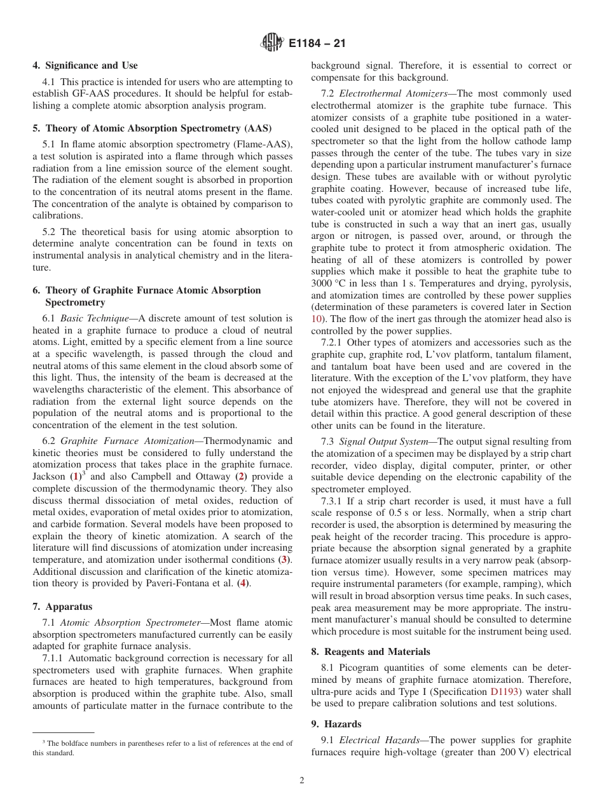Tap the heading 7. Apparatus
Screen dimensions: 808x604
click(62, 607)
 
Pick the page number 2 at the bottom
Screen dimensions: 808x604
click(302, 781)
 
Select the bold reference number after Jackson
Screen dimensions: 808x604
click(76, 476)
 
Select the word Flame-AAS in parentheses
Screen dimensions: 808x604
click(266, 145)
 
